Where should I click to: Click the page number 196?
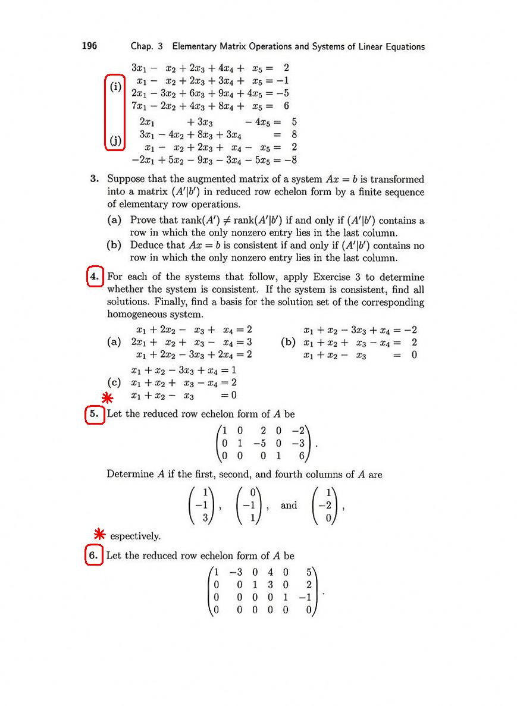point(89,46)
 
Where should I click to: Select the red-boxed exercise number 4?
point(95,278)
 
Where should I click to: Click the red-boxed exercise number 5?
point(94,415)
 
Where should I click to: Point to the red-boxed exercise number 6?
point(94,556)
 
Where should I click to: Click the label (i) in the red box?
point(115,87)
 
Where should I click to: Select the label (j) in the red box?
point(115,141)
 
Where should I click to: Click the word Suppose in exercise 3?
point(126,179)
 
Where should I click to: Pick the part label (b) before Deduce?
point(115,245)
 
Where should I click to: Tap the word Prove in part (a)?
point(143,221)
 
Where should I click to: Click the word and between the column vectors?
point(289,506)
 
